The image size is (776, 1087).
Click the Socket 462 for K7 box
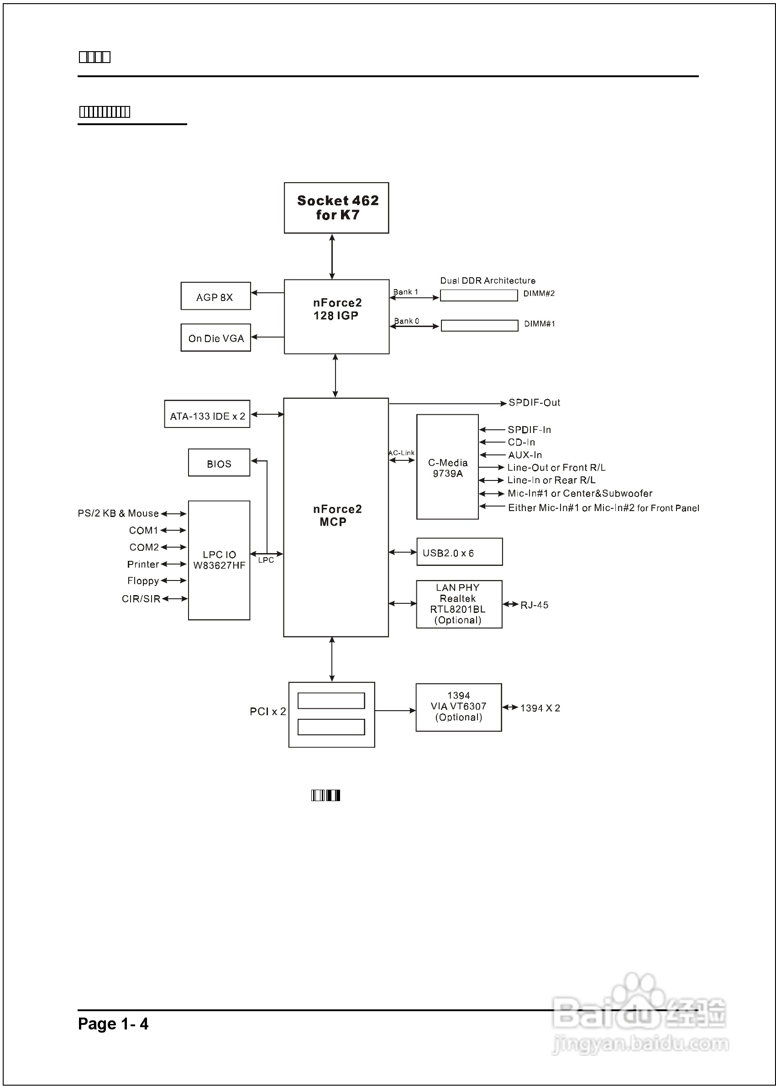coord(336,208)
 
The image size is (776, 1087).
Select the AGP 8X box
coord(215,296)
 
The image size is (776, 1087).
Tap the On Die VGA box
coord(215,338)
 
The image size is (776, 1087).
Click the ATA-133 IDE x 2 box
coord(207,414)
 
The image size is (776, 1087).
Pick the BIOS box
coord(219,463)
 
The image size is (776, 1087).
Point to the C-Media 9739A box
coord(447,467)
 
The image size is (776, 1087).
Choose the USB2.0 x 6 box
coord(459,552)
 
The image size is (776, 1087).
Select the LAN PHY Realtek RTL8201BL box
coord(459,604)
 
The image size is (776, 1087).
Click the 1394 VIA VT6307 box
coord(459,707)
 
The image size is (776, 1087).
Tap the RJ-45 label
coord(534,605)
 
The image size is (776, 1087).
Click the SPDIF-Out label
coord(534,403)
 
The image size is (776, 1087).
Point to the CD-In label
coord(521,443)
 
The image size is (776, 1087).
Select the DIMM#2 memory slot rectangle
coord(479,296)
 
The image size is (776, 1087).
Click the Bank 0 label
coord(406,321)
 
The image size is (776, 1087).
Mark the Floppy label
coord(143,581)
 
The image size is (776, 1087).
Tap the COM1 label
coord(143,531)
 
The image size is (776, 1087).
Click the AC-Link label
coord(401,453)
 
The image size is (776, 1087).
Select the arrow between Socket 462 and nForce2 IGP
coord(332,257)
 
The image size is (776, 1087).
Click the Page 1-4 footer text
coord(113,1024)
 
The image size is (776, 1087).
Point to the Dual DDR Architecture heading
coord(488,280)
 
